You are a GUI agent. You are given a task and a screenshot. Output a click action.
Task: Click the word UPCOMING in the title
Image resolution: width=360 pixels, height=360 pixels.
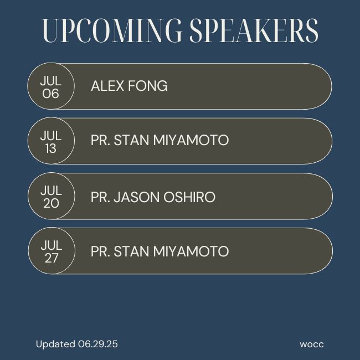(x=112, y=30)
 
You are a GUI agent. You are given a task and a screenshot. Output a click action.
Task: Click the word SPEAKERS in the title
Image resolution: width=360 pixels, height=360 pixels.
(x=254, y=30)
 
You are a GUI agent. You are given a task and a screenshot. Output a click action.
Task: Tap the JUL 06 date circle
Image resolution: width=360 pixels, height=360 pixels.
(x=51, y=86)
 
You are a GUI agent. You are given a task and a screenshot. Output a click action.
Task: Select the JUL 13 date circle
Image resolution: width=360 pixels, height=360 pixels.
(x=51, y=141)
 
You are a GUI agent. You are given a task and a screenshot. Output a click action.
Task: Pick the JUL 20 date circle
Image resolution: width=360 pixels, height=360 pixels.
(x=52, y=196)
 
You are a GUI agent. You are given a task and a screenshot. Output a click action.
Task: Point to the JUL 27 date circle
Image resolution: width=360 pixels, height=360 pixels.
(x=52, y=251)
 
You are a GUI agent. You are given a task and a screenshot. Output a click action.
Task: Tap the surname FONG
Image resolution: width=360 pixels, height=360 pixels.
(x=148, y=86)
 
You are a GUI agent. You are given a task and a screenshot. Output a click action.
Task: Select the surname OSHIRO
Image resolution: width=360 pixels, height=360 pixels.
(x=189, y=197)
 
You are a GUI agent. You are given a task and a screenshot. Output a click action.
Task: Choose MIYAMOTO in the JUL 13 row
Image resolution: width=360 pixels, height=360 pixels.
(x=191, y=140)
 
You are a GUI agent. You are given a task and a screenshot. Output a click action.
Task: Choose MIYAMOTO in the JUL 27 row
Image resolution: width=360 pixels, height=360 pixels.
(x=191, y=251)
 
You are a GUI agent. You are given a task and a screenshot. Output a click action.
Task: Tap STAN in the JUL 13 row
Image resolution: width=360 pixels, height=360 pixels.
(x=131, y=140)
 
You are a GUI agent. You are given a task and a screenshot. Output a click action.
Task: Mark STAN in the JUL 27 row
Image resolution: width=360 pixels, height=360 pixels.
(x=131, y=251)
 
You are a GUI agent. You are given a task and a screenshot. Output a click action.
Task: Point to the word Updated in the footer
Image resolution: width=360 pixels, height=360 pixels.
(x=55, y=344)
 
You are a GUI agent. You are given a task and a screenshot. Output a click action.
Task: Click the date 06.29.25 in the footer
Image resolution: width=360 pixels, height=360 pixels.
(x=98, y=344)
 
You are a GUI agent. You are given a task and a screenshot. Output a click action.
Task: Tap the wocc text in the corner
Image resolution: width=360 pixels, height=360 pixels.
(x=312, y=344)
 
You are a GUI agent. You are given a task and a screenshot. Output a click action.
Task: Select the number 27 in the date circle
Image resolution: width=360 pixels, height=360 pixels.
(x=52, y=258)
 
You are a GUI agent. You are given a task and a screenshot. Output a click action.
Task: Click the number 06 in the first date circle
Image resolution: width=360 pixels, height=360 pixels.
(x=50, y=94)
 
